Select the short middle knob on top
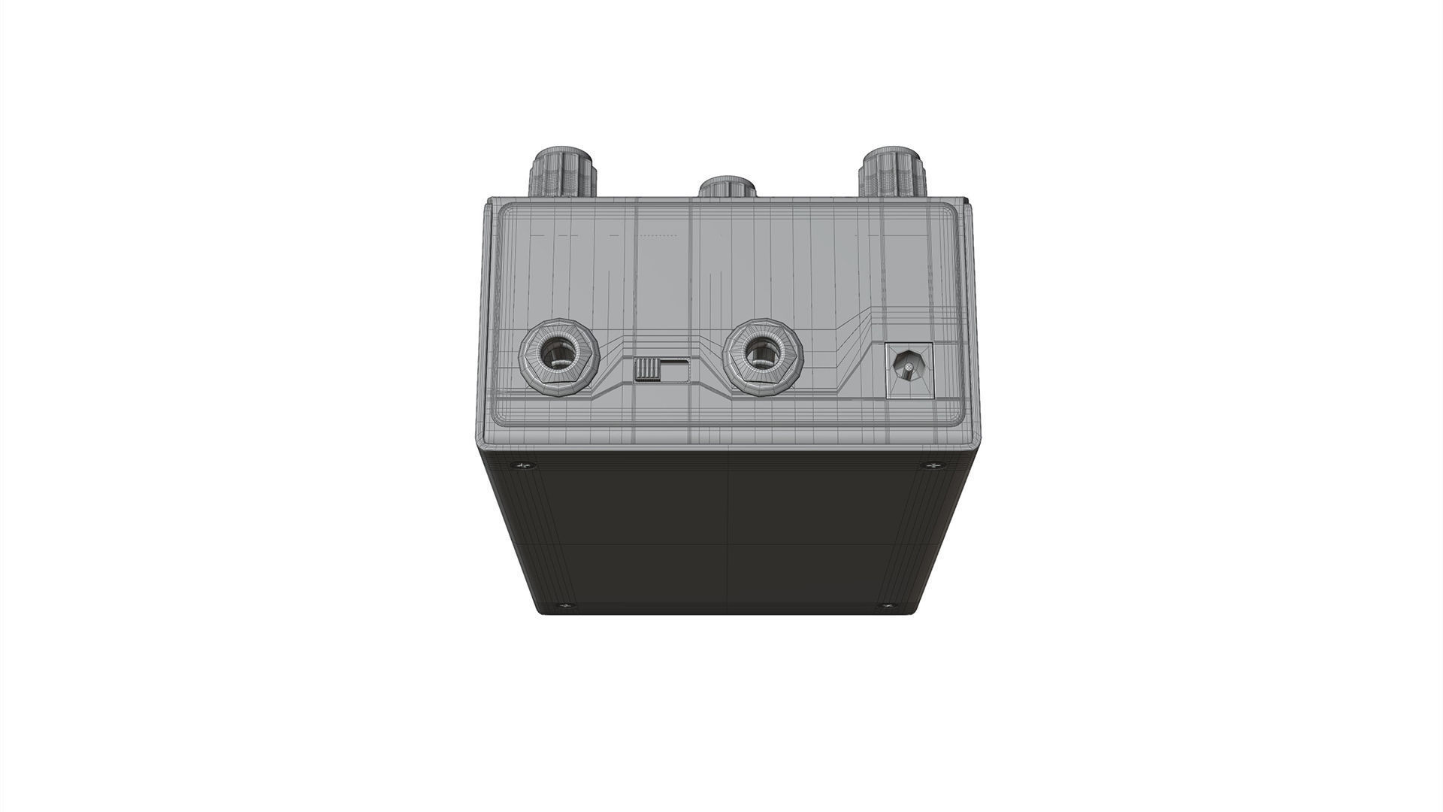tap(727, 189)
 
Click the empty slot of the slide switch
tap(674, 371)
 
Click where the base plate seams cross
tap(728, 545)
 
